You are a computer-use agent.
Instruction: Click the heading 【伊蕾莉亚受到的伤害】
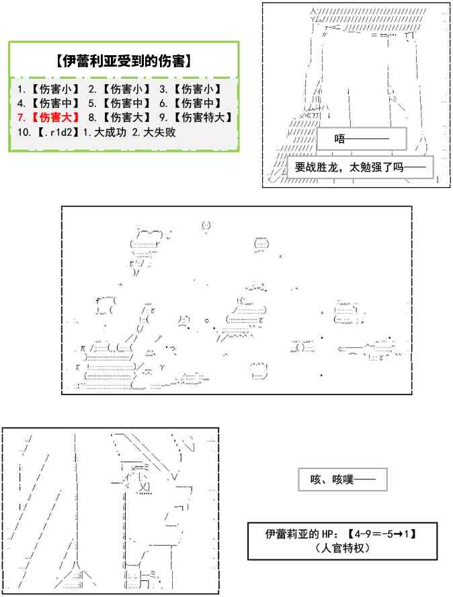(124, 61)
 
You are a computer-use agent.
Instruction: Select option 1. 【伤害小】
(48, 89)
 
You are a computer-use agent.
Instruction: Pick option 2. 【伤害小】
(120, 89)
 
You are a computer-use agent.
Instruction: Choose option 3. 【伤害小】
(191, 89)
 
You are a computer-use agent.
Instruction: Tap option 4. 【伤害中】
(48, 103)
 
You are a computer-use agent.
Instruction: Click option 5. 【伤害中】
(120, 103)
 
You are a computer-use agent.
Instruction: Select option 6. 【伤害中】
(191, 103)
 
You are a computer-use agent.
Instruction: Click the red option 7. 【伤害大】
(48, 117)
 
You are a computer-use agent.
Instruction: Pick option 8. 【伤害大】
(120, 117)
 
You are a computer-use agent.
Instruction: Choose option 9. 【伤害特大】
(196, 117)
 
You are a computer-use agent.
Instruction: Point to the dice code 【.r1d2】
(59, 132)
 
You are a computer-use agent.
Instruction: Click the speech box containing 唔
(362, 139)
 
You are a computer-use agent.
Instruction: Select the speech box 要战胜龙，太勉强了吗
(360, 167)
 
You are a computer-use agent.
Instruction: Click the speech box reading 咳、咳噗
(343, 480)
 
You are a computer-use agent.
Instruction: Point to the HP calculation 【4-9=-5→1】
(382, 534)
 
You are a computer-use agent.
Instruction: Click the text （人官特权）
(342, 548)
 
